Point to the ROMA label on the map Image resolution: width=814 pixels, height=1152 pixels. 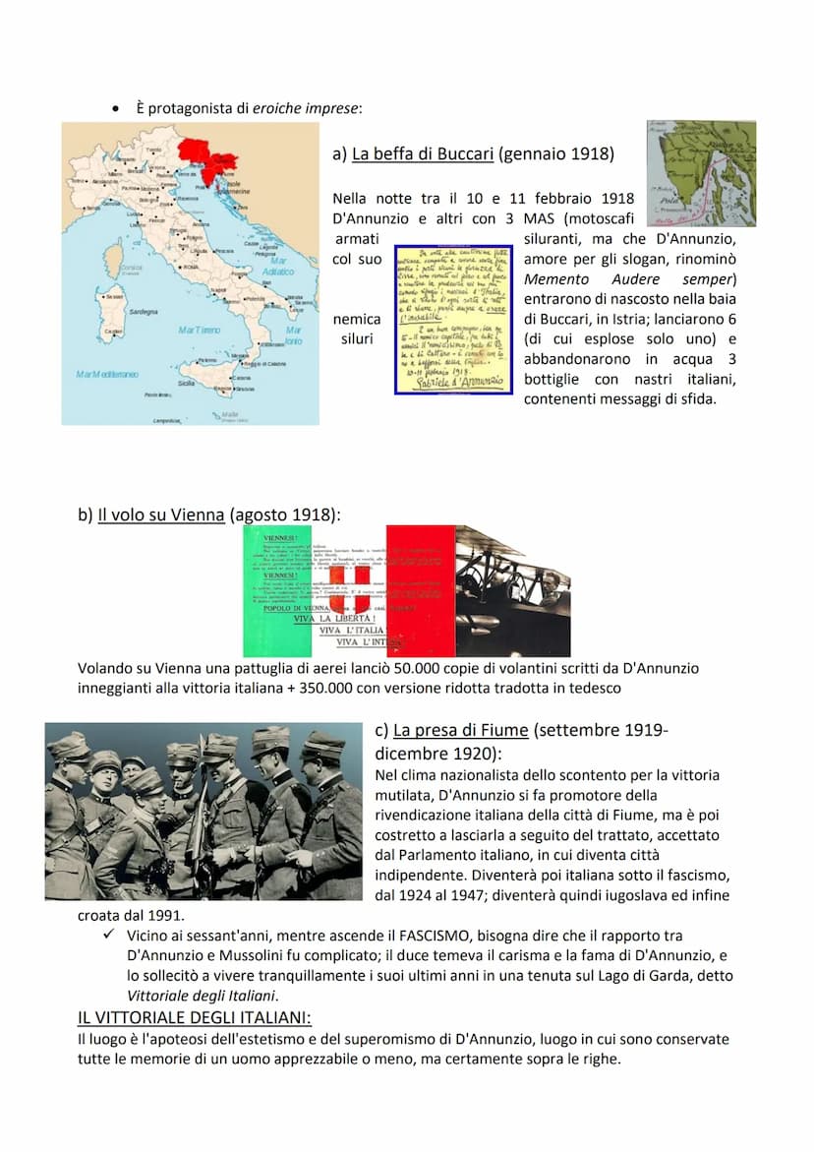(x=192, y=266)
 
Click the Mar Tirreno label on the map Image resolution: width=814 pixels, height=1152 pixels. (x=200, y=331)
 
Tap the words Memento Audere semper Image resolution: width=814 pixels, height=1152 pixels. (x=629, y=279)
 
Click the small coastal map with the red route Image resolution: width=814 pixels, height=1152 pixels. (x=700, y=173)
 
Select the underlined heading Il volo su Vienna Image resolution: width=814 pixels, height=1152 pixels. (x=161, y=515)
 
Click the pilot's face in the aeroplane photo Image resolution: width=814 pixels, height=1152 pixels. (x=548, y=580)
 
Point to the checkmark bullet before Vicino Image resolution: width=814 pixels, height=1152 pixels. (x=109, y=935)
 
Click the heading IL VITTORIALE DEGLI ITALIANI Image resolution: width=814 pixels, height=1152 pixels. (x=195, y=1018)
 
